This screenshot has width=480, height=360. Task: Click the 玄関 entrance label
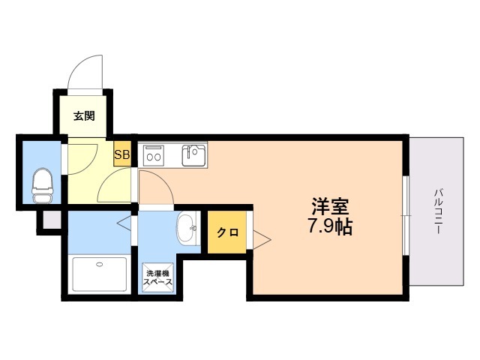(84, 116)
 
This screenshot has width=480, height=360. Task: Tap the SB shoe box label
(121, 154)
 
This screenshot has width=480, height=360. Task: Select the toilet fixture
(43, 185)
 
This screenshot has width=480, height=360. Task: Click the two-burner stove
(154, 154)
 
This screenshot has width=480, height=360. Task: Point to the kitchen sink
(193, 155)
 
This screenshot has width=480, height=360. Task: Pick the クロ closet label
(227, 232)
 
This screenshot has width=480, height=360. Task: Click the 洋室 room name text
(330, 207)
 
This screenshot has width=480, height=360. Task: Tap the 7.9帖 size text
(330, 226)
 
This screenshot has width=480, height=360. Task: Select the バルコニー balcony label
(439, 211)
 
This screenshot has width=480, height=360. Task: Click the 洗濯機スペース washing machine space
(157, 277)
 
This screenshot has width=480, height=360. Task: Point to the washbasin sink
(187, 229)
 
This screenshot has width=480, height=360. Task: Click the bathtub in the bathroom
(100, 274)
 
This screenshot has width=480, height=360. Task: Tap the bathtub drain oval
(100, 264)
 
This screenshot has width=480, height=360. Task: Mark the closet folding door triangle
(262, 239)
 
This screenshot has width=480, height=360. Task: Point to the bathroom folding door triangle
(124, 223)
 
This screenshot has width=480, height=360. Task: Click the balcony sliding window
(406, 215)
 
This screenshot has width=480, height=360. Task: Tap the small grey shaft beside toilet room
(52, 220)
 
